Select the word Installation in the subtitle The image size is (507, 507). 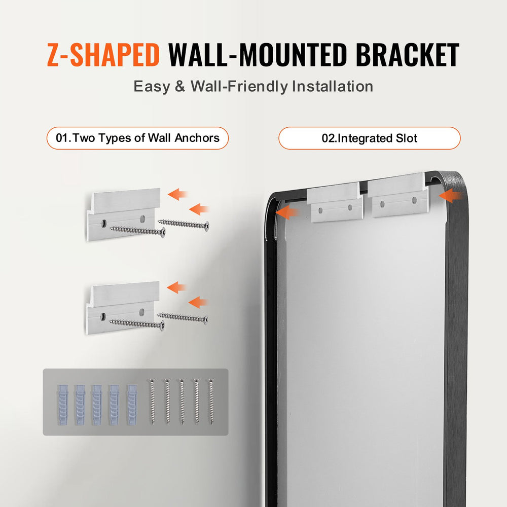tap(332, 86)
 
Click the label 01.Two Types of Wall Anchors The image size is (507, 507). tap(137, 138)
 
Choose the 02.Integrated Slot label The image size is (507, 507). tap(370, 138)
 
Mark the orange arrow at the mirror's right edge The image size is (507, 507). tap(450, 196)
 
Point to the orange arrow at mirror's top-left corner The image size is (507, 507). tap(286, 212)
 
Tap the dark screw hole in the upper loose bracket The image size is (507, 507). tap(103, 222)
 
